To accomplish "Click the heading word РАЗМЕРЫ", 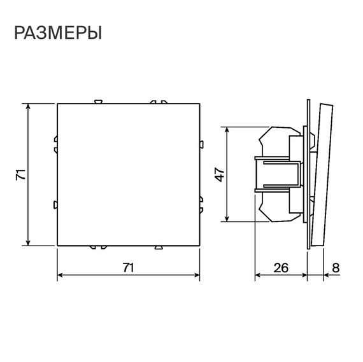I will click(x=58, y=33).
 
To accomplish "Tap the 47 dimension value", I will click(x=218, y=174).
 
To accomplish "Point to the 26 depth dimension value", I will click(x=280, y=268).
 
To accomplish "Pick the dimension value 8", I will click(x=335, y=268).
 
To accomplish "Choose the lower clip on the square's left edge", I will click(x=55, y=205).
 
